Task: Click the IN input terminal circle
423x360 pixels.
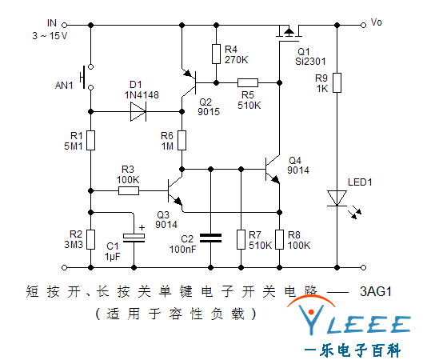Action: (x=64, y=25)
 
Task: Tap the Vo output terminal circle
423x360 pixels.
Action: (x=363, y=25)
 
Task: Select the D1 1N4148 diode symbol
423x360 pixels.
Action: (x=138, y=111)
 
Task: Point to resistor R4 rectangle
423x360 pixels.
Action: (x=216, y=54)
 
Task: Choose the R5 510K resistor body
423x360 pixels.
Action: (x=248, y=82)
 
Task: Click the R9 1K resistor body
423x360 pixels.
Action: (x=337, y=82)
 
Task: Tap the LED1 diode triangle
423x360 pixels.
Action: (x=337, y=198)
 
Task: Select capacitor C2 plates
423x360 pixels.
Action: (x=210, y=238)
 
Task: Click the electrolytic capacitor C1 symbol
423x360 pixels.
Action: (x=134, y=238)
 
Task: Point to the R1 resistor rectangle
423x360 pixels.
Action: (x=90, y=140)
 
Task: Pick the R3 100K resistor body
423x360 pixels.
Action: (x=129, y=191)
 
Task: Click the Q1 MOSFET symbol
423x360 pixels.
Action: (x=289, y=34)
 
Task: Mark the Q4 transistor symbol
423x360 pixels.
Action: (x=273, y=170)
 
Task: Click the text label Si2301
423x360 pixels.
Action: (x=310, y=62)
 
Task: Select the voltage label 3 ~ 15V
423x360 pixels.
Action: (x=50, y=36)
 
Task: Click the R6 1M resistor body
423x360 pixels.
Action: (x=182, y=140)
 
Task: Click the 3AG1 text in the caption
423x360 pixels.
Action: (x=376, y=291)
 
